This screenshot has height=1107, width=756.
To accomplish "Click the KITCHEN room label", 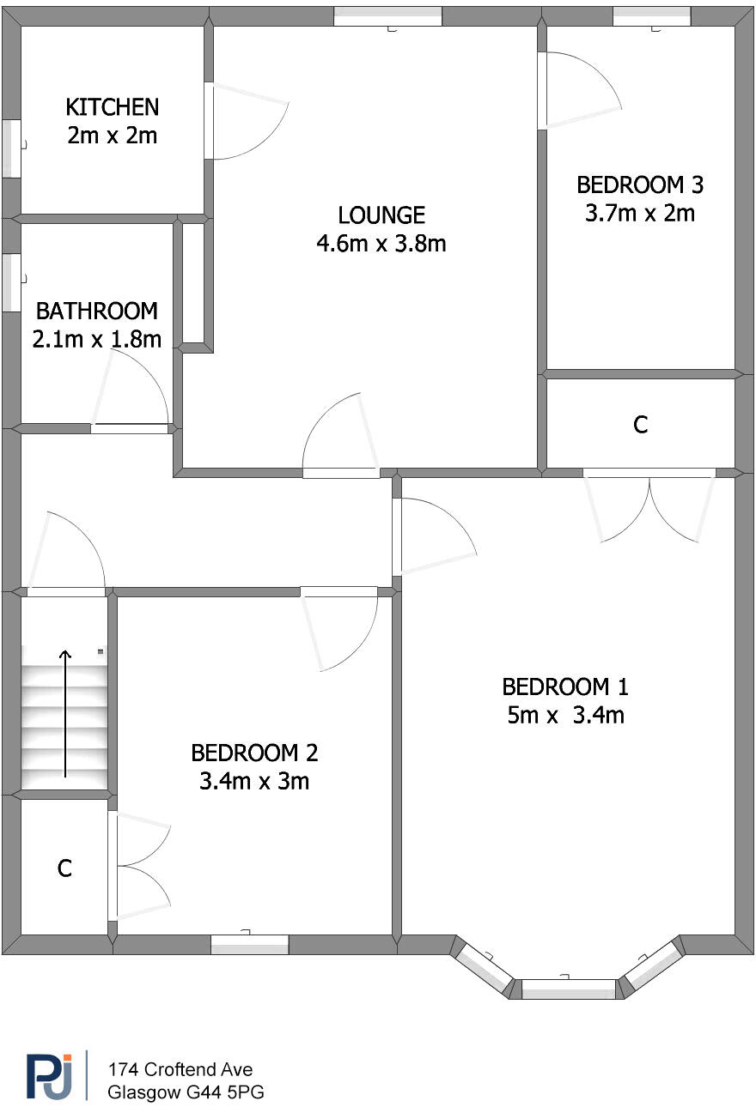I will pyautogui.click(x=113, y=107).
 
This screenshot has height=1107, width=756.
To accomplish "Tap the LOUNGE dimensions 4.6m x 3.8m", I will pyautogui.click(x=381, y=244).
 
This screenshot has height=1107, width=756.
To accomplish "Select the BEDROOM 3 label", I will pyautogui.click(x=640, y=184).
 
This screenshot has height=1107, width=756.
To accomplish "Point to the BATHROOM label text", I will pyautogui.click(x=97, y=311).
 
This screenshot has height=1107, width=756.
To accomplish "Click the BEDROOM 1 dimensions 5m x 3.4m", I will pyautogui.click(x=565, y=715).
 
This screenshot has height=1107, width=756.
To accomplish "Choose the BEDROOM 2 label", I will pyautogui.click(x=254, y=753).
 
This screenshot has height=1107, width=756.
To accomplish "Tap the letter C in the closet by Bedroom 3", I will pyautogui.click(x=640, y=424).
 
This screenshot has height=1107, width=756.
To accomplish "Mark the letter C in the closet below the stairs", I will pyautogui.click(x=64, y=868).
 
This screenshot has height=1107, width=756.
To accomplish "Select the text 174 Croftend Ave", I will pyautogui.click(x=180, y=1069).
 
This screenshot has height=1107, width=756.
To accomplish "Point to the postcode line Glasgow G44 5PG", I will pyautogui.click(x=186, y=1092).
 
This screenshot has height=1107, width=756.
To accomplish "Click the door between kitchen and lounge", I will pyautogui.click(x=245, y=122).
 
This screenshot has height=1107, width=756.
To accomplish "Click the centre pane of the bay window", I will pyautogui.click(x=569, y=989).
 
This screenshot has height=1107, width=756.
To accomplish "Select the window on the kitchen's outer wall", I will pyautogui.click(x=11, y=148).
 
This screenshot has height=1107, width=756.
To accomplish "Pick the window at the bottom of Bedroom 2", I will pyautogui.click(x=249, y=945).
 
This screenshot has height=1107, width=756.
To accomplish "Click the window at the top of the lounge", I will pyautogui.click(x=387, y=15).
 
